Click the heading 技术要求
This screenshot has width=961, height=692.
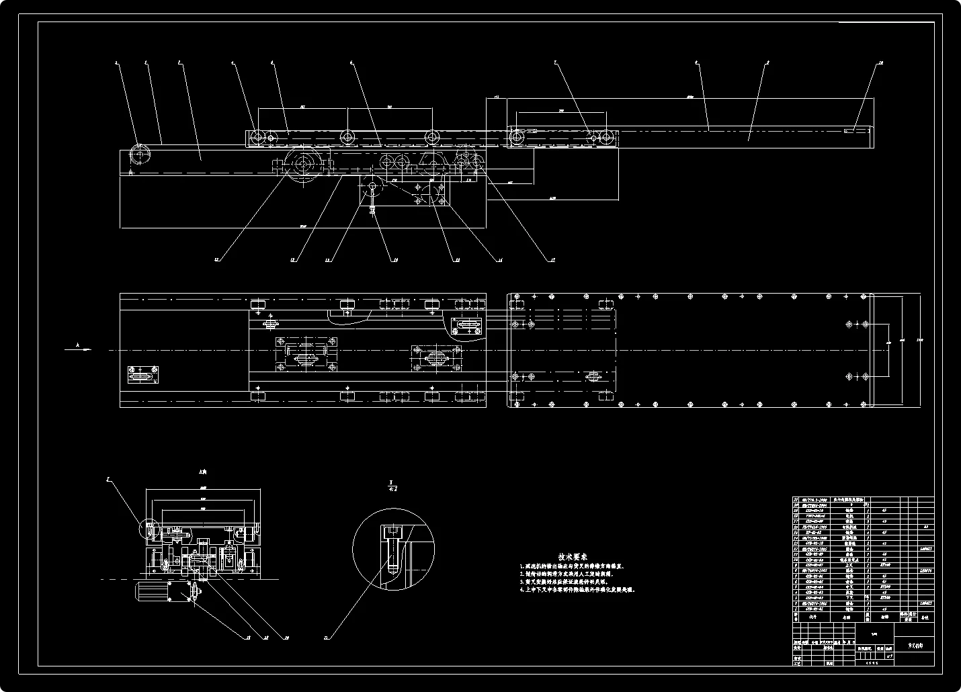point(573,556)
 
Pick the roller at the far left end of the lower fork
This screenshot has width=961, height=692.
point(140,155)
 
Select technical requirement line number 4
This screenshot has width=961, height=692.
point(577,589)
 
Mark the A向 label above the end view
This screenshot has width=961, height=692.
point(201,472)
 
